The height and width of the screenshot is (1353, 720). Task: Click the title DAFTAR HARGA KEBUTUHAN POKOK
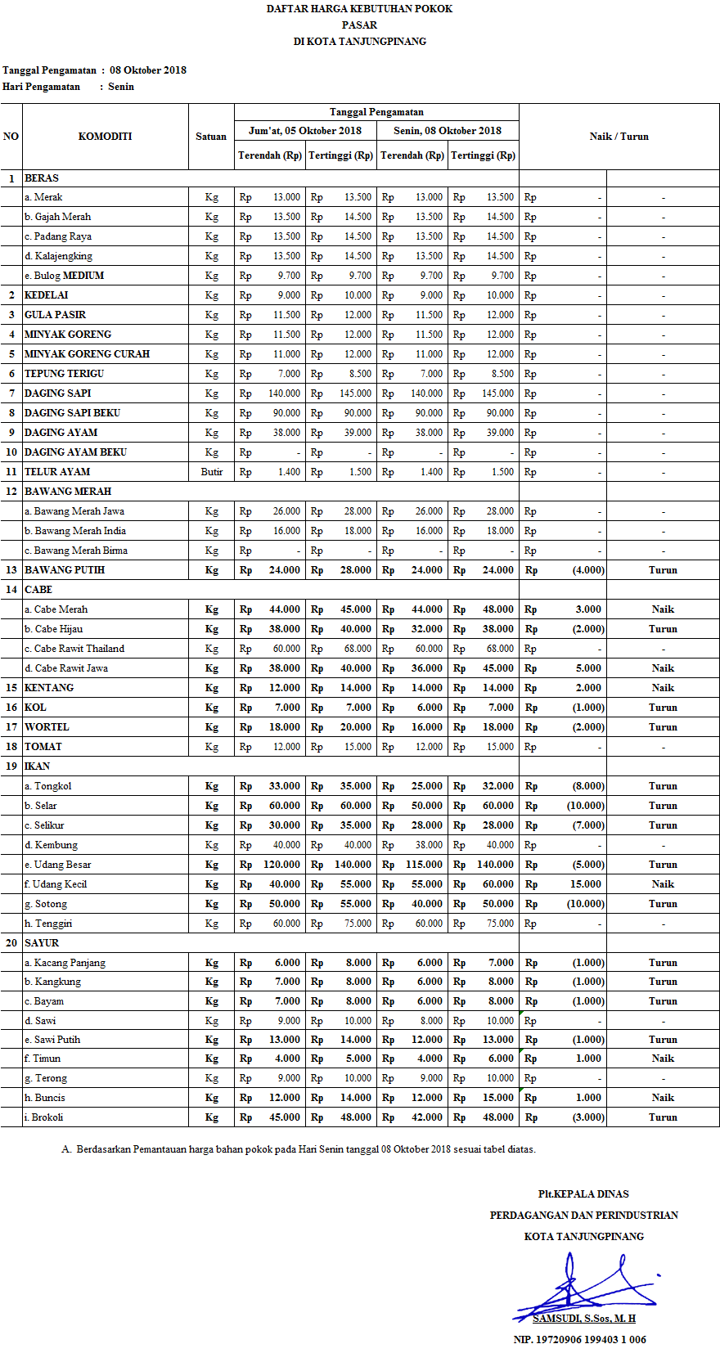click(x=359, y=9)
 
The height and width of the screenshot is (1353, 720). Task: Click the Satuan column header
click(x=211, y=137)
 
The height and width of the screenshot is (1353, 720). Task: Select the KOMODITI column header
click(x=105, y=137)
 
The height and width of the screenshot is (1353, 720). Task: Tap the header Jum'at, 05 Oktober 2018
click(x=305, y=131)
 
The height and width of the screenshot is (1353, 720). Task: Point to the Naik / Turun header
click(x=619, y=137)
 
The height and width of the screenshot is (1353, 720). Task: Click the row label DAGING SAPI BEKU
click(x=72, y=413)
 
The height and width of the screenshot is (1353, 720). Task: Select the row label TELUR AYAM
click(x=57, y=472)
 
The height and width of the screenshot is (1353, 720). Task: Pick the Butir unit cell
click(x=211, y=472)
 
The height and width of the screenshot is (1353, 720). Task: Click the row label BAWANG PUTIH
click(x=65, y=570)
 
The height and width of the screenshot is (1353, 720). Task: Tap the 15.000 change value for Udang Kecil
click(x=586, y=884)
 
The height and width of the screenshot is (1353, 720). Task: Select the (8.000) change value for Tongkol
click(x=588, y=786)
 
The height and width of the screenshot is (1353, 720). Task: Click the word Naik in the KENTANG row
click(x=663, y=688)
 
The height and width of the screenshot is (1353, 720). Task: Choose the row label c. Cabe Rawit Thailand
click(x=74, y=649)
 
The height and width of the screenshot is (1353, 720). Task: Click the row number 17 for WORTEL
click(x=11, y=727)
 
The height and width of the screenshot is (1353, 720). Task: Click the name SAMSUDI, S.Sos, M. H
click(x=584, y=1319)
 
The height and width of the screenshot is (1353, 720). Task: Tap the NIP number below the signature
click(x=579, y=1340)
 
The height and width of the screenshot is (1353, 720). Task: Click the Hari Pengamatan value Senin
click(x=121, y=87)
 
